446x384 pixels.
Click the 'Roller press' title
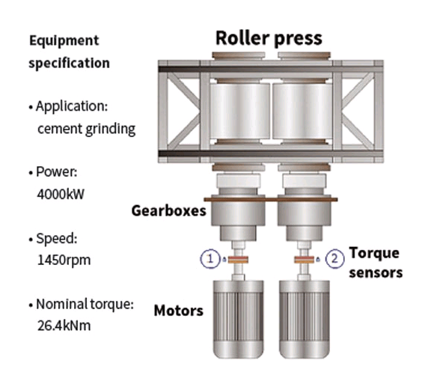pyautogui.click(x=269, y=38)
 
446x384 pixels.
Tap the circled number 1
pyautogui.click(x=210, y=259)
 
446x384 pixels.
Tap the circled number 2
pyautogui.click(x=334, y=259)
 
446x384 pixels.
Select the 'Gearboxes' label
pyautogui.click(x=168, y=211)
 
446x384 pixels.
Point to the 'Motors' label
pyautogui.click(x=179, y=311)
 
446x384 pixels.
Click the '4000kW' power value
pyautogui.click(x=61, y=195)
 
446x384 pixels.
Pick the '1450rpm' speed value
pyautogui.click(x=64, y=260)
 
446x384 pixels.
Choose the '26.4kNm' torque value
pyautogui.click(x=64, y=326)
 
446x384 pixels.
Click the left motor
pyautogui.click(x=239, y=319)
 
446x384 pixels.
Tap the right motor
pyautogui.click(x=305, y=319)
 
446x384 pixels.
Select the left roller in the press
pyautogui.click(x=239, y=111)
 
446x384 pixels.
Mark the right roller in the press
pyautogui.click(x=302, y=111)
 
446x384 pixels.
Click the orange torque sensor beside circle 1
pyautogui.click(x=239, y=260)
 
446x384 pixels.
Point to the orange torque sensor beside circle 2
pyautogui.click(x=305, y=260)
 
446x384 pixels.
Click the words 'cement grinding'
pyautogui.click(x=87, y=129)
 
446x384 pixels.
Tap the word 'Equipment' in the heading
pyautogui.click(x=64, y=40)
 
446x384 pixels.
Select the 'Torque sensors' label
pyautogui.click(x=376, y=263)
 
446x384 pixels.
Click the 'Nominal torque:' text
pyautogui.click(x=85, y=304)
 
